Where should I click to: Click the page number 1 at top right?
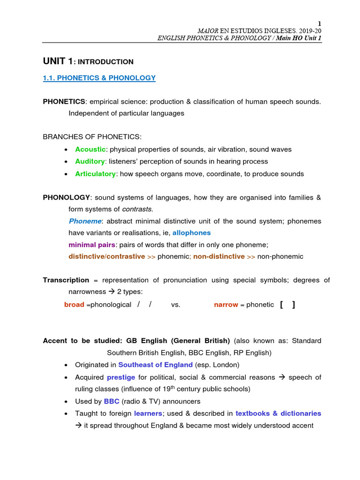[x=320, y=23]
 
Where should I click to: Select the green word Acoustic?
[x=90, y=149]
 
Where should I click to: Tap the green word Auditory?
[x=90, y=161]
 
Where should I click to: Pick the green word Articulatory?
[x=95, y=173]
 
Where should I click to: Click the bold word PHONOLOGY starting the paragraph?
[x=66, y=197]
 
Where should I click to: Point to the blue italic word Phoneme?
[x=84, y=221]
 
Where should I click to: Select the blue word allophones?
[x=191, y=232]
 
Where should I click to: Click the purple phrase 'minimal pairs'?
[x=92, y=245]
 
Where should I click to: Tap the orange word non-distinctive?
[x=219, y=256]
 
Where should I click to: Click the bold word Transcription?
[x=66, y=280]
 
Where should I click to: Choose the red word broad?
[x=74, y=305]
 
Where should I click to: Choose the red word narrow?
[x=226, y=305]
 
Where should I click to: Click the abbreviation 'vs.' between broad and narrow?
[x=175, y=305]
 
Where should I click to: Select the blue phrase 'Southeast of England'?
[x=155, y=364]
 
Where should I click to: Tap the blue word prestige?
[x=121, y=377]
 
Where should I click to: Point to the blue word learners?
[x=148, y=413]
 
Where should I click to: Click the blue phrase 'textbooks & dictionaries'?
[x=278, y=413]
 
